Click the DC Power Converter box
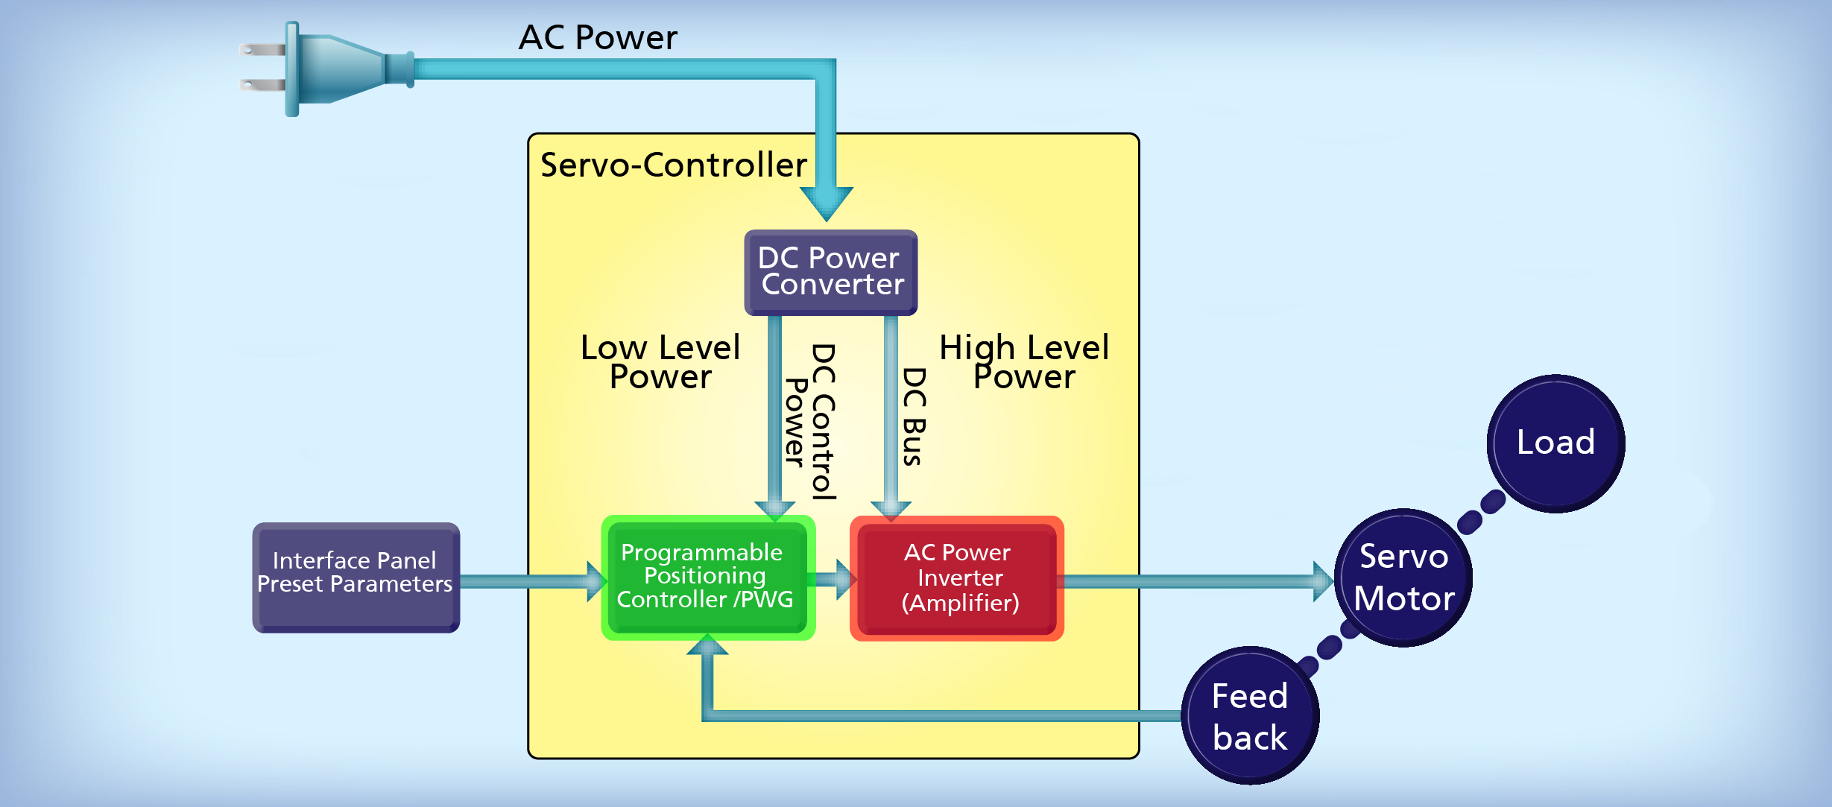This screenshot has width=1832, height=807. [x=830, y=272]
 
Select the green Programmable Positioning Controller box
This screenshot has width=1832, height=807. [x=707, y=577]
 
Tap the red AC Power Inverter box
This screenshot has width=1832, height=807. [x=957, y=578]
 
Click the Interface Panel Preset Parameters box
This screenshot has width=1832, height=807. [x=356, y=577]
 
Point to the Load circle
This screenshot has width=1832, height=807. [x=1555, y=443]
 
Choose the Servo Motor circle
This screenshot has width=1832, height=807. [x=1403, y=577]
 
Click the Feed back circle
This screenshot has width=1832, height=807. [x=1250, y=715]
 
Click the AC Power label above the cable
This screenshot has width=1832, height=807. [x=598, y=37]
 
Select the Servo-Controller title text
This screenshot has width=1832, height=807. [x=673, y=165]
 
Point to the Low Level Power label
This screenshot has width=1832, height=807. [x=660, y=362]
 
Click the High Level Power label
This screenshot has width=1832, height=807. [x=1024, y=362]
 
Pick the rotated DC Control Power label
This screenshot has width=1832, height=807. [x=811, y=422]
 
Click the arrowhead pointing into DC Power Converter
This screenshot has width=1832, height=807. [x=827, y=203]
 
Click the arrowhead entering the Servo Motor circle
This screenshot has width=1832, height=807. [x=1321, y=581]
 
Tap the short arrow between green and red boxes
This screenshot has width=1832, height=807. [x=833, y=580]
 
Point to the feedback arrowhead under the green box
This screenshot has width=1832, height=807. [x=707, y=646]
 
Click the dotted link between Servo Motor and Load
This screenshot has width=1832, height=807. [x=1481, y=512]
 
